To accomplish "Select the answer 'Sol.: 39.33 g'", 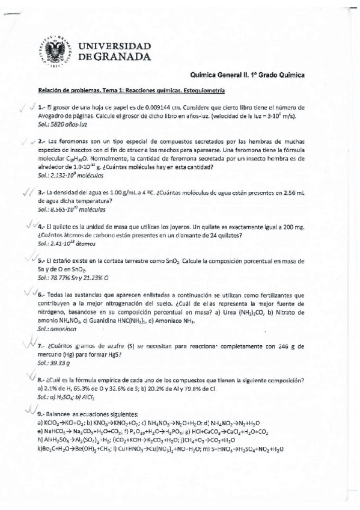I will (53, 364).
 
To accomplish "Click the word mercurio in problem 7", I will (51, 355).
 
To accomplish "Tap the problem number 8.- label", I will (41, 381).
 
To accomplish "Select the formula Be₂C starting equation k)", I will (47, 449).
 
